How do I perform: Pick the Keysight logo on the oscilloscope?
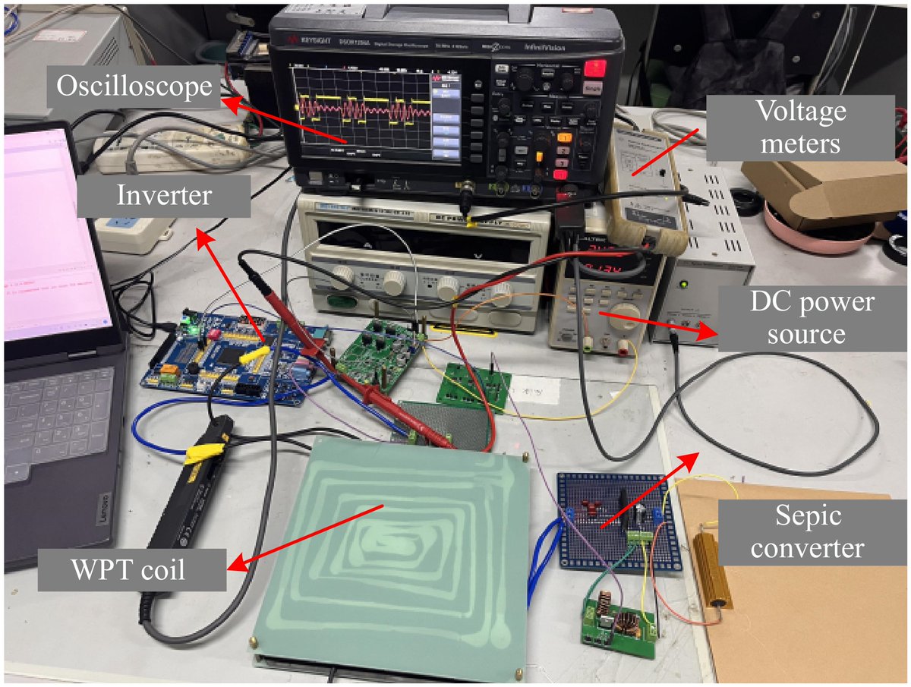301,39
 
